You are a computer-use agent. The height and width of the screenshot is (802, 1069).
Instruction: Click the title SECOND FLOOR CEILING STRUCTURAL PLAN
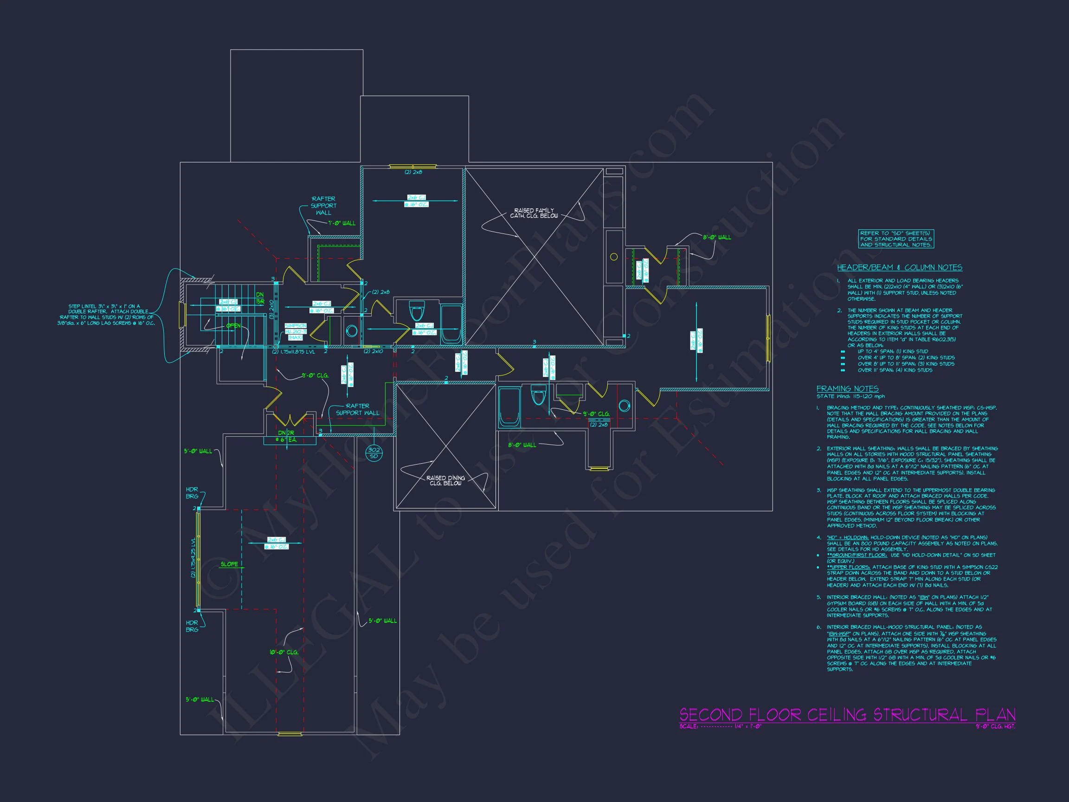tap(847, 714)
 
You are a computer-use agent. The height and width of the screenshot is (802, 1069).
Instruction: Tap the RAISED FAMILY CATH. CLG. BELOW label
tap(534, 213)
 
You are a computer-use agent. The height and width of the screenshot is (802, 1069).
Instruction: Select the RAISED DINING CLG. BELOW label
tap(445, 480)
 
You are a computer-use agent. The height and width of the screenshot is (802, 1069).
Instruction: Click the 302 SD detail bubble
tap(374, 453)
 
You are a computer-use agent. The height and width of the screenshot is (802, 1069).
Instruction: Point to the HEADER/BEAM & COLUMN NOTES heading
tap(899, 268)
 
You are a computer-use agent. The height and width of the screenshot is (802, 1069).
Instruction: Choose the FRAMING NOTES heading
tap(847, 388)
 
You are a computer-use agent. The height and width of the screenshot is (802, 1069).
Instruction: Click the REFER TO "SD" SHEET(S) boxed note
tap(895, 239)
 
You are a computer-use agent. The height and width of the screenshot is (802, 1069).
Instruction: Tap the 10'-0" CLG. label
tap(283, 652)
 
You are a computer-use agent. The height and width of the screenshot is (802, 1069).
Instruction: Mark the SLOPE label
tap(230, 564)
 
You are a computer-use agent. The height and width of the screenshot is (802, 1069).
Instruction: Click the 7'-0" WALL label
tap(341, 223)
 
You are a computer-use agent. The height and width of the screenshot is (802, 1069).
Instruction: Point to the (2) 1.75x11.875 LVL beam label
tap(293, 352)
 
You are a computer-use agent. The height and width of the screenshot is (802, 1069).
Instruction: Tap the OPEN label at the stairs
tap(233, 326)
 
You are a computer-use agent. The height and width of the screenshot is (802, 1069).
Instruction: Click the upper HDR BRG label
tap(192, 493)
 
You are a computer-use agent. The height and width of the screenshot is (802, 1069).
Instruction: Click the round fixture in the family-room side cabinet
tap(614, 257)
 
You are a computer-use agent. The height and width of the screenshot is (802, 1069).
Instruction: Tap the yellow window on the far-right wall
tap(768, 338)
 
